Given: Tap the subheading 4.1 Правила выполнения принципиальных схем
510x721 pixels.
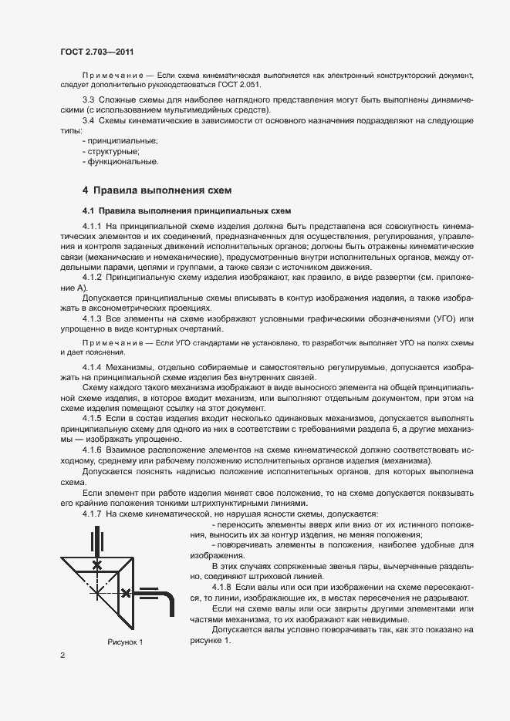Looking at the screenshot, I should coord(186,211).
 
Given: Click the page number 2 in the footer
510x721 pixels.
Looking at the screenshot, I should coord(62,656).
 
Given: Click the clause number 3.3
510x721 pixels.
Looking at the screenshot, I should coord(89,100).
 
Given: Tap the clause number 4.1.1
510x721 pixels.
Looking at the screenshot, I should coord(93,224).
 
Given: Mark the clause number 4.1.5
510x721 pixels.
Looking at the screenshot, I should coord(93,416).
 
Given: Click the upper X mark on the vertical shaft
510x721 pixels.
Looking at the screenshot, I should coord(96,565).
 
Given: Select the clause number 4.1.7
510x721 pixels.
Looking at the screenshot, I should coord(93,513).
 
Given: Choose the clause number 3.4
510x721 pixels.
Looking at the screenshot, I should coord(89,120).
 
